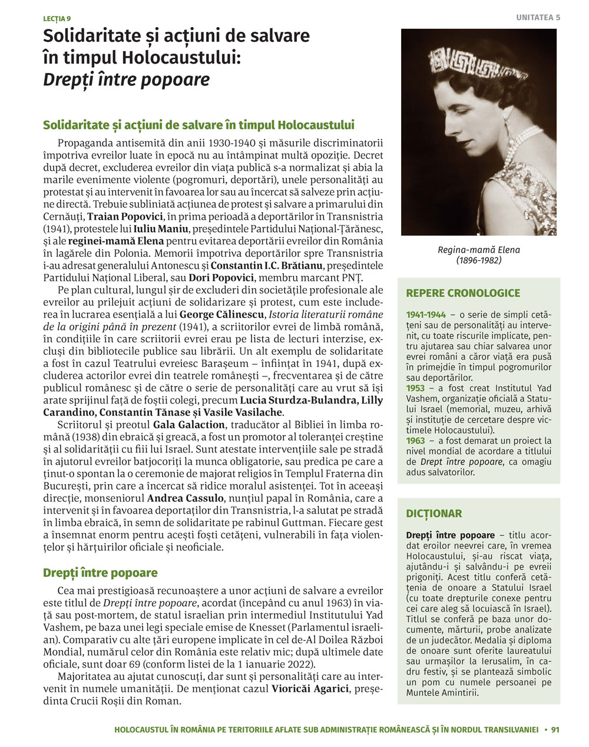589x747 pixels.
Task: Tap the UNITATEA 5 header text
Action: click(538, 18)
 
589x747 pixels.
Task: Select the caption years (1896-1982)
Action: click(478, 260)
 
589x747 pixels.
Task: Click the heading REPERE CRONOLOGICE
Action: click(463, 293)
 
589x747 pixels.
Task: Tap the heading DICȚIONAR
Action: click(434, 513)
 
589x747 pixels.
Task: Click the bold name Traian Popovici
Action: click(121, 216)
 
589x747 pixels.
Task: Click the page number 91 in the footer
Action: click(555, 729)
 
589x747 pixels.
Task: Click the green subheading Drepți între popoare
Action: click(100, 573)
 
